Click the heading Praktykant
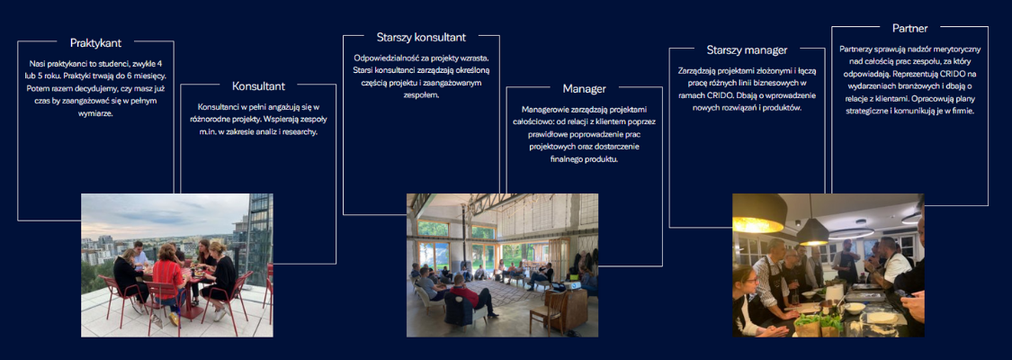(x=95, y=42)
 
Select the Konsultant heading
(x=258, y=85)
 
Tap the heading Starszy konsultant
(x=421, y=38)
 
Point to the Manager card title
(x=584, y=88)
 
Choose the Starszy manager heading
(x=747, y=49)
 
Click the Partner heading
(x=910, y=29)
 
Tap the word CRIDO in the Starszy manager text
(x=720, y=95)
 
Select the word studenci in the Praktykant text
(x=109, y=64)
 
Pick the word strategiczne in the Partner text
(x=868, y=111)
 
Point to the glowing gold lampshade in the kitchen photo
(x=759, y=213)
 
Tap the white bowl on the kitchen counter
(x=854, y=309)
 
